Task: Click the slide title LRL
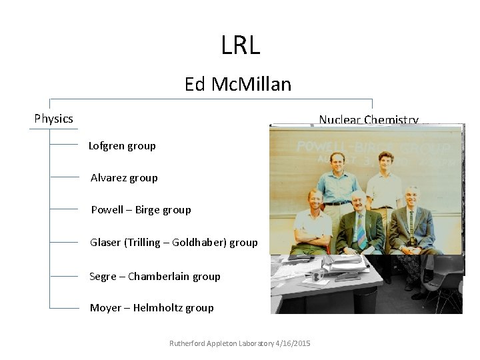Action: (240, 45)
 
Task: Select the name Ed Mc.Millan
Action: (238, 85)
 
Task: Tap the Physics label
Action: (53, 119)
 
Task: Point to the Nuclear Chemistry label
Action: (368, 119)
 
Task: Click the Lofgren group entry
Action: (122, 145)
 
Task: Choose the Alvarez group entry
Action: (124, 177)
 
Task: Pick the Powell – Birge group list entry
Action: (141, 209)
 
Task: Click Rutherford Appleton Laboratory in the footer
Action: (221, 343)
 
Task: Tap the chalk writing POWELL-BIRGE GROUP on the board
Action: (373, 147)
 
